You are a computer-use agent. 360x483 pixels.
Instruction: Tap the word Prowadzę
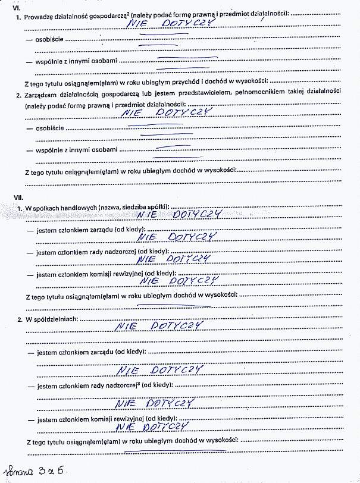click(38, 14)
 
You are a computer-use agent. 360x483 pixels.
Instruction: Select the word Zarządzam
click(41, 95)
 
